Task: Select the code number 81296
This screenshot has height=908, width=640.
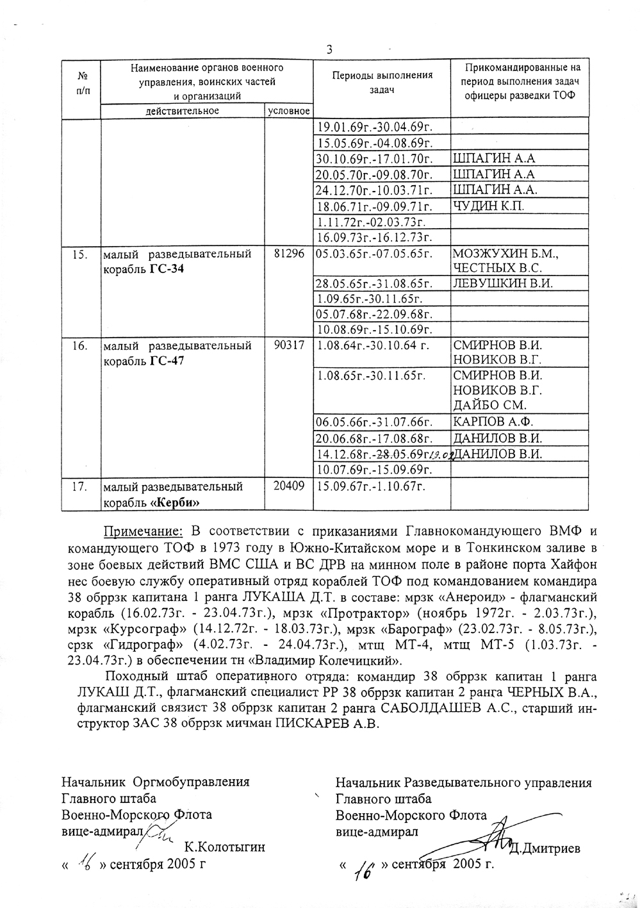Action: (289, 254)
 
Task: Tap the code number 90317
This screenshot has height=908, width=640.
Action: (289, 345)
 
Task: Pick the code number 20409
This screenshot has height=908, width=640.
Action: (289, 486)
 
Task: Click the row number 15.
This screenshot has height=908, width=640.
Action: (80, 254)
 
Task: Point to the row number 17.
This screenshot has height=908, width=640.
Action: (80, 486)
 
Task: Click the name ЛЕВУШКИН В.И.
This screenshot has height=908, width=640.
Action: (502, 283)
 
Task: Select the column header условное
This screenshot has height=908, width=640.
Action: (289, 111)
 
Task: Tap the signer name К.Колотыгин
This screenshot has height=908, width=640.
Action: (224, 847)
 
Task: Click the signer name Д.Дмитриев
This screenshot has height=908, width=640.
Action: (546, 849)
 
